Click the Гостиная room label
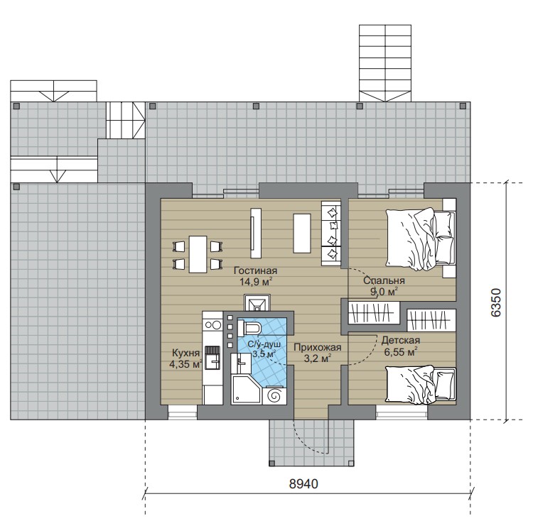[255, 270]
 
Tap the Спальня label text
[384, 280]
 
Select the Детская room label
[400, 340]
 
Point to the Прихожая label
[318, 347]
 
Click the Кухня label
[186, 353]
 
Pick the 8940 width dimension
[303, 484]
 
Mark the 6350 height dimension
[496, 302]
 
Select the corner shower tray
[246, 389]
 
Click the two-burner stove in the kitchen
[212, 325]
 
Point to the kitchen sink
[212, 361]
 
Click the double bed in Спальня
[420, 239]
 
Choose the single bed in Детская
[421, 385]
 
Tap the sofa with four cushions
[331, 234]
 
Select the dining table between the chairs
[198, 254]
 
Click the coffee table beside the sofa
[302, 233]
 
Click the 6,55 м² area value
[401, 352]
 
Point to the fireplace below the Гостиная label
[257, 303]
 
